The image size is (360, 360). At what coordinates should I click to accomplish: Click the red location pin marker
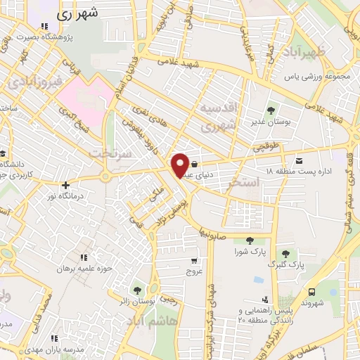tap(180, 165)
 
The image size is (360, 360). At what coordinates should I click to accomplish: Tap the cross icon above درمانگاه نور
tap(65, 186)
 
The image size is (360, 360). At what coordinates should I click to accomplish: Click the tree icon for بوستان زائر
tap(136, 290)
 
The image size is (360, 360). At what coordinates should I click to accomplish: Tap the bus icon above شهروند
tap(311, 292)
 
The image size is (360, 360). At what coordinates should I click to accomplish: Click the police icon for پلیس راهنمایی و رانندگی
tap(266, 300)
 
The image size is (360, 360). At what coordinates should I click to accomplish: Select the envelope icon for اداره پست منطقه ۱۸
tap(299, 160)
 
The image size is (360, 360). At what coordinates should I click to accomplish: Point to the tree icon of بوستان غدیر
tap(271, 110)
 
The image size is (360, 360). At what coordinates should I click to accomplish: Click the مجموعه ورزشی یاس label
tap(316, 75)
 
